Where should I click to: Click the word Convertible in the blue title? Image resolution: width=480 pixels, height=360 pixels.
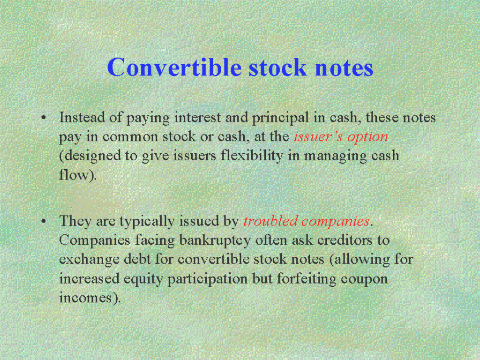click(x=174, y=67)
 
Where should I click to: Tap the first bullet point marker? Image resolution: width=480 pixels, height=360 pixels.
click(x=44, y=118)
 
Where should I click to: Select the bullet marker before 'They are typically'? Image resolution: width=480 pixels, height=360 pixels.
click(x=44, y=221)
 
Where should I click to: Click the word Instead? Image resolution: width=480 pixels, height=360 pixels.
click(x=82, y=117)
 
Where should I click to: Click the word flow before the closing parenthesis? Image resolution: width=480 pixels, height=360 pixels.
click(x=74, y=175)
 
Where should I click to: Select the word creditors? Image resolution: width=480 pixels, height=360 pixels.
click(x=345, y=240)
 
